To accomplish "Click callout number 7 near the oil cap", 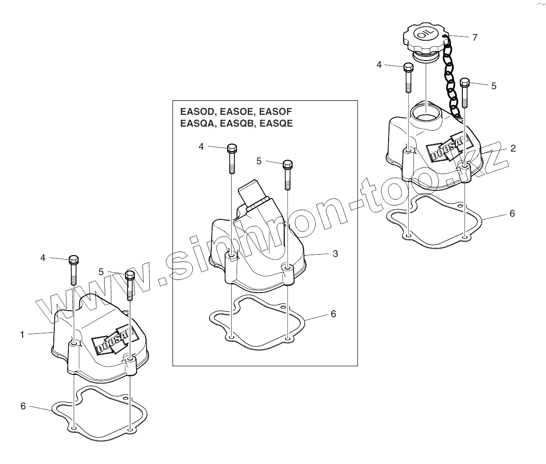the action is (475, 38).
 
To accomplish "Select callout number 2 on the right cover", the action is (513, 148).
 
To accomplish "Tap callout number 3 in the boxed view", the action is (335, 254).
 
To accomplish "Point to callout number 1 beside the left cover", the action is (22, 335).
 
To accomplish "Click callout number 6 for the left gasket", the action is (23, 406).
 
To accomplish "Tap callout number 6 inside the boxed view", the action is (333, 313).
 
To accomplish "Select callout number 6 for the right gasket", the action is (512, 213).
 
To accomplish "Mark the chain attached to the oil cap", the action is (450, 77).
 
